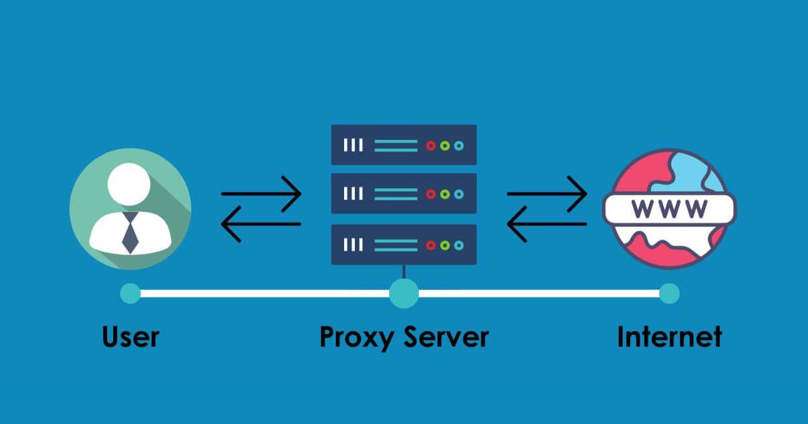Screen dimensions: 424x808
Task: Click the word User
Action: pos(131,337)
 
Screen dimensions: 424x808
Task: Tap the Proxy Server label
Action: pos(403,337)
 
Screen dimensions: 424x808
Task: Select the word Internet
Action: pos(669,337)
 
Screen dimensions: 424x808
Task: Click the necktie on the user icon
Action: pos(130,232)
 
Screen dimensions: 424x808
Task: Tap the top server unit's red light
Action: pos(431,145)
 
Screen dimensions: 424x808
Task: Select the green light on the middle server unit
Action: pos(445,194)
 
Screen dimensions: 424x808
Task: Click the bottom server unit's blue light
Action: pos(459,244)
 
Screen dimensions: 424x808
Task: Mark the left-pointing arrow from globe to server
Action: pos(546,224)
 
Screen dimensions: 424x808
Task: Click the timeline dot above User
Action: pos(130,293)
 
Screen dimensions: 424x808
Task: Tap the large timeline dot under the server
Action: pos(404,293)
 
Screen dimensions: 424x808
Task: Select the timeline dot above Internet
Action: pos(669,293)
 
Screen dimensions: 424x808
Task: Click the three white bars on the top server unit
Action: pos(353,145)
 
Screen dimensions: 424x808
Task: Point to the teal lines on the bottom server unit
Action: pos(396,244)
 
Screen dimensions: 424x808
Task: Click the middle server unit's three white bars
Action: pos(353,194)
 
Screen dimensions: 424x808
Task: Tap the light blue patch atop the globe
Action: pos(680,172)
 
